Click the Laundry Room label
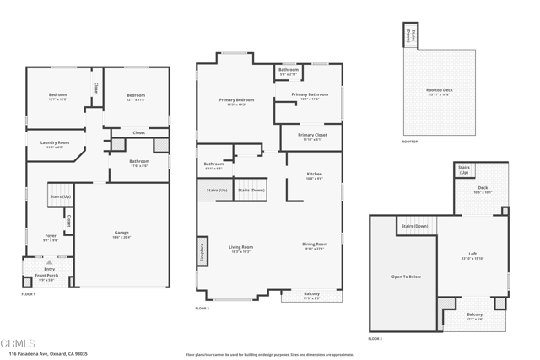pos(55,143)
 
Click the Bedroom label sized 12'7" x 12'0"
pos(57,95)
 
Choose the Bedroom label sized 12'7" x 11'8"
pos(136,96)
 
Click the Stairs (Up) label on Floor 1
pos(60,196)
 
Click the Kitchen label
pos(314,175)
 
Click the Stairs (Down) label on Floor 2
pos(251,191)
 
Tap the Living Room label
pos(241,248)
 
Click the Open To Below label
pos(405,277)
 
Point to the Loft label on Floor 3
pos(472,254)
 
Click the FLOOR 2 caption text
pos(202,309)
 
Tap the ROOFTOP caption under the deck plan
pos(411,141)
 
